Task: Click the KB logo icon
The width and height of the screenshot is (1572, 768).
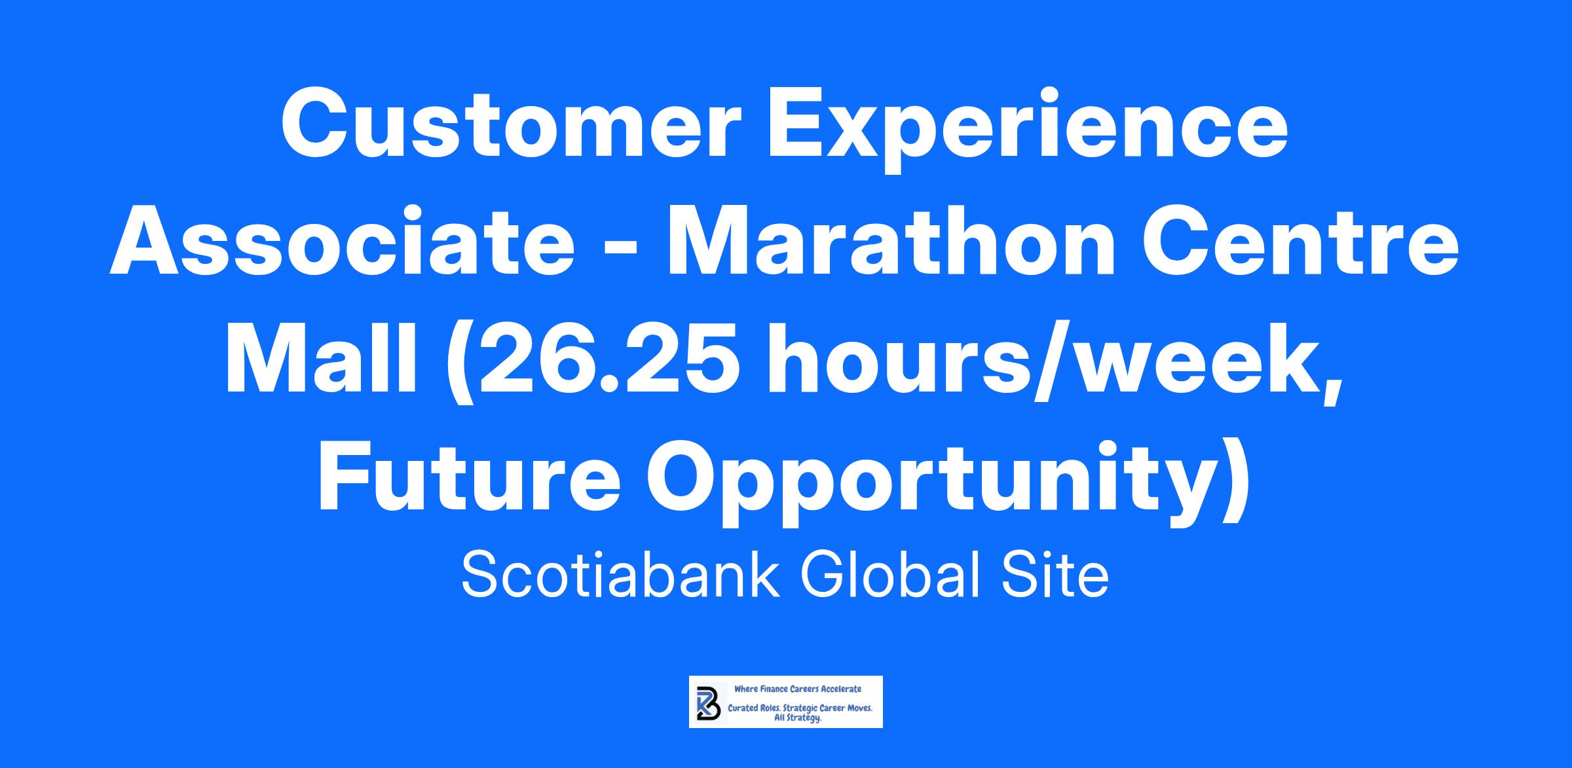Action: click(706, 702)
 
